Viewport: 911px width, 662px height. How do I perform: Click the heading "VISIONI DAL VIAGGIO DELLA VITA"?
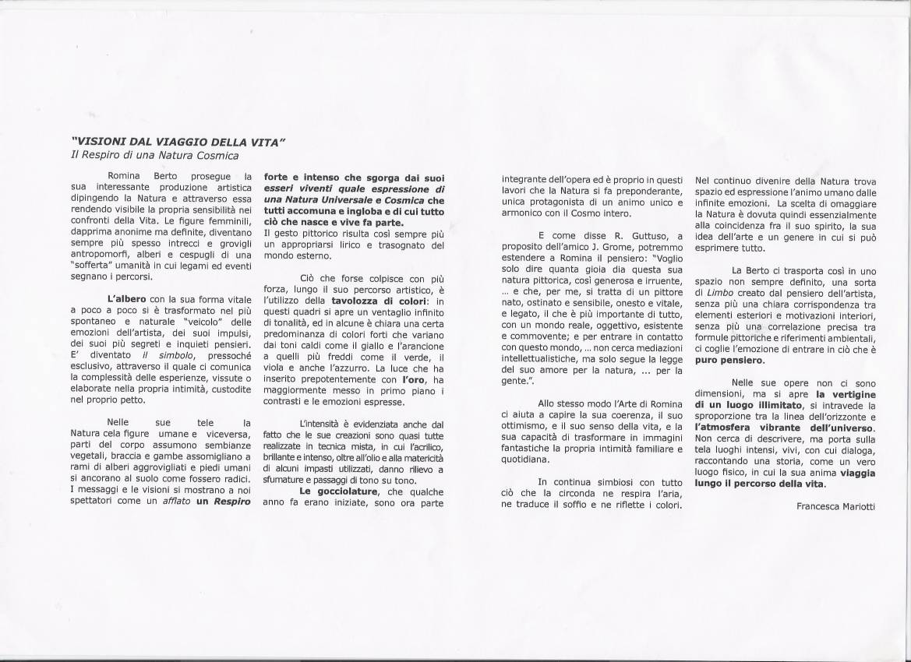click(x=179, y=143)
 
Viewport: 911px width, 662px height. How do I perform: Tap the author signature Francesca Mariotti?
click(x=837, y=505)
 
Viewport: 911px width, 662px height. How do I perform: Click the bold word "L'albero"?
click(x=126, y=298)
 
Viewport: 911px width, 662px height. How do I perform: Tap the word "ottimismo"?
click(x=527, y=425)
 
